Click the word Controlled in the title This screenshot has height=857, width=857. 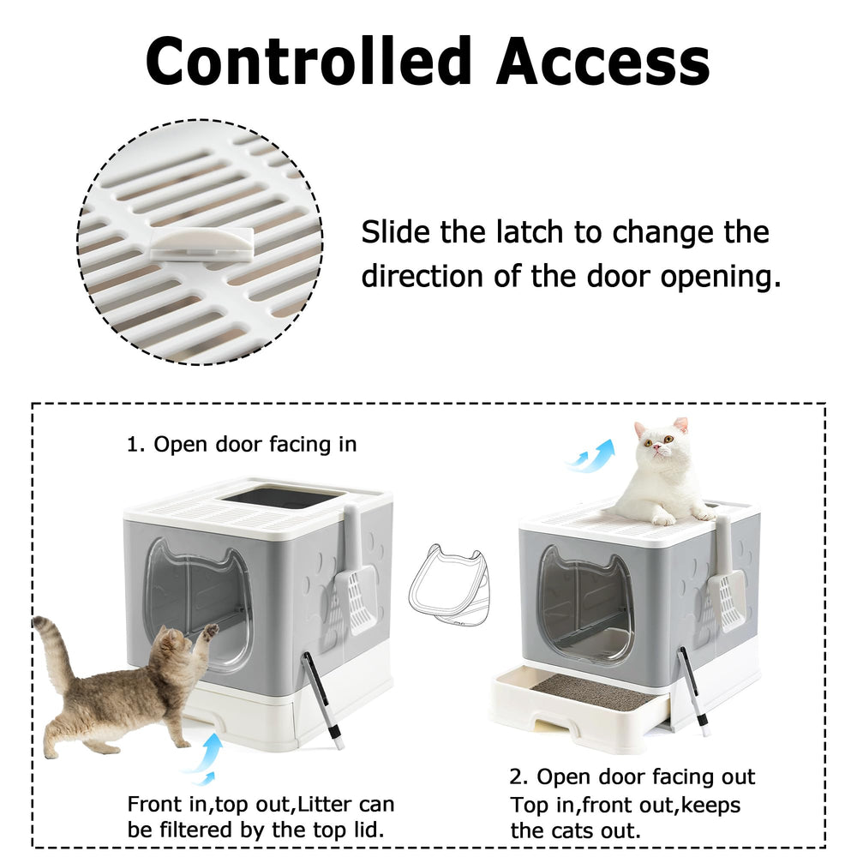(309, 61)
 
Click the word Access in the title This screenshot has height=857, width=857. (602, 61)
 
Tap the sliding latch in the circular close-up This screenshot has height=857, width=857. (201, 243)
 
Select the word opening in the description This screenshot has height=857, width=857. (721, 277)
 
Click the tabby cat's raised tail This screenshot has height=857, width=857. (56, 650)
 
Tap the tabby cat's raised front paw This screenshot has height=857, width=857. (211, 631)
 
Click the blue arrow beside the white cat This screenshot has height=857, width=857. (590, 456)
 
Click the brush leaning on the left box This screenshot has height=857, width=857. (322, 698)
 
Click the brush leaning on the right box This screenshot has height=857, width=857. (693, 690)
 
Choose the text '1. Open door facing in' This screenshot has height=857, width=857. (242, 444)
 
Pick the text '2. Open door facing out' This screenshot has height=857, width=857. (632, 776)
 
